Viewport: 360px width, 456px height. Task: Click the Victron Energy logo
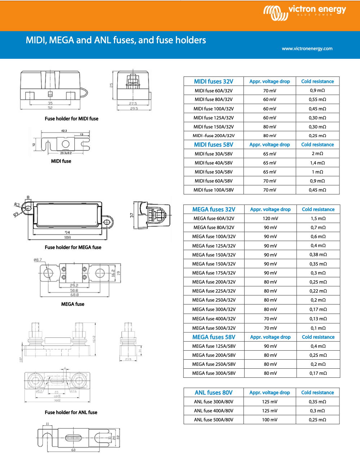(x=304, y=13)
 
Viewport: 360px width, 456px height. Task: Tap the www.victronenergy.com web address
(x=307, y=49)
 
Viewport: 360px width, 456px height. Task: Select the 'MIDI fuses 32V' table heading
(x=214, y=82)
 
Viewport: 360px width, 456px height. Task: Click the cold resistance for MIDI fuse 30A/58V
(x=317, y=154)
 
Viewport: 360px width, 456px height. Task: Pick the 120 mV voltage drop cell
(x=270, y=219)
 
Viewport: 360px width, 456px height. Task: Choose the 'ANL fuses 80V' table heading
(x=214, y=393)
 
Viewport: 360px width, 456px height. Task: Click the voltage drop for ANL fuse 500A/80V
(x=269, y=420)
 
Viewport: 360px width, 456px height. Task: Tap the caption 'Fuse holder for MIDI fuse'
(x=71, y=119)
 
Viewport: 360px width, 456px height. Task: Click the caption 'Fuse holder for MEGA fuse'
(x=73, y=247)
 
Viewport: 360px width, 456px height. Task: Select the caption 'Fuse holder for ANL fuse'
(x=71, y=412)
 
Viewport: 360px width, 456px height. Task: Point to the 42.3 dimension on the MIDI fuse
(x=64, y=131)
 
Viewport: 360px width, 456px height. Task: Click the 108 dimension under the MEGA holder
(x=67, y=238)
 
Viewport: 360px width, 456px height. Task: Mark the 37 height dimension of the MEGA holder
(x=132, y=215)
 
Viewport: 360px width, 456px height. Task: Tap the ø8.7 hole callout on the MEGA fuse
(x=38, y=260)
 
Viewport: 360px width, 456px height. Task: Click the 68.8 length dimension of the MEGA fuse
(x=74, y=295)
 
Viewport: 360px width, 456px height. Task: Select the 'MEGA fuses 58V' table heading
(x=214, y=337)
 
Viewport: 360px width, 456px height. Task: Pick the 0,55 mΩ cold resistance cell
(x=317, y=100)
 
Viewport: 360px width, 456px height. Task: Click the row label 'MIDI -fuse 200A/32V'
(x=214, y=136)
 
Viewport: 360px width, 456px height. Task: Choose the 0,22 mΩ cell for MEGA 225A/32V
(x=318, y=291)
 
